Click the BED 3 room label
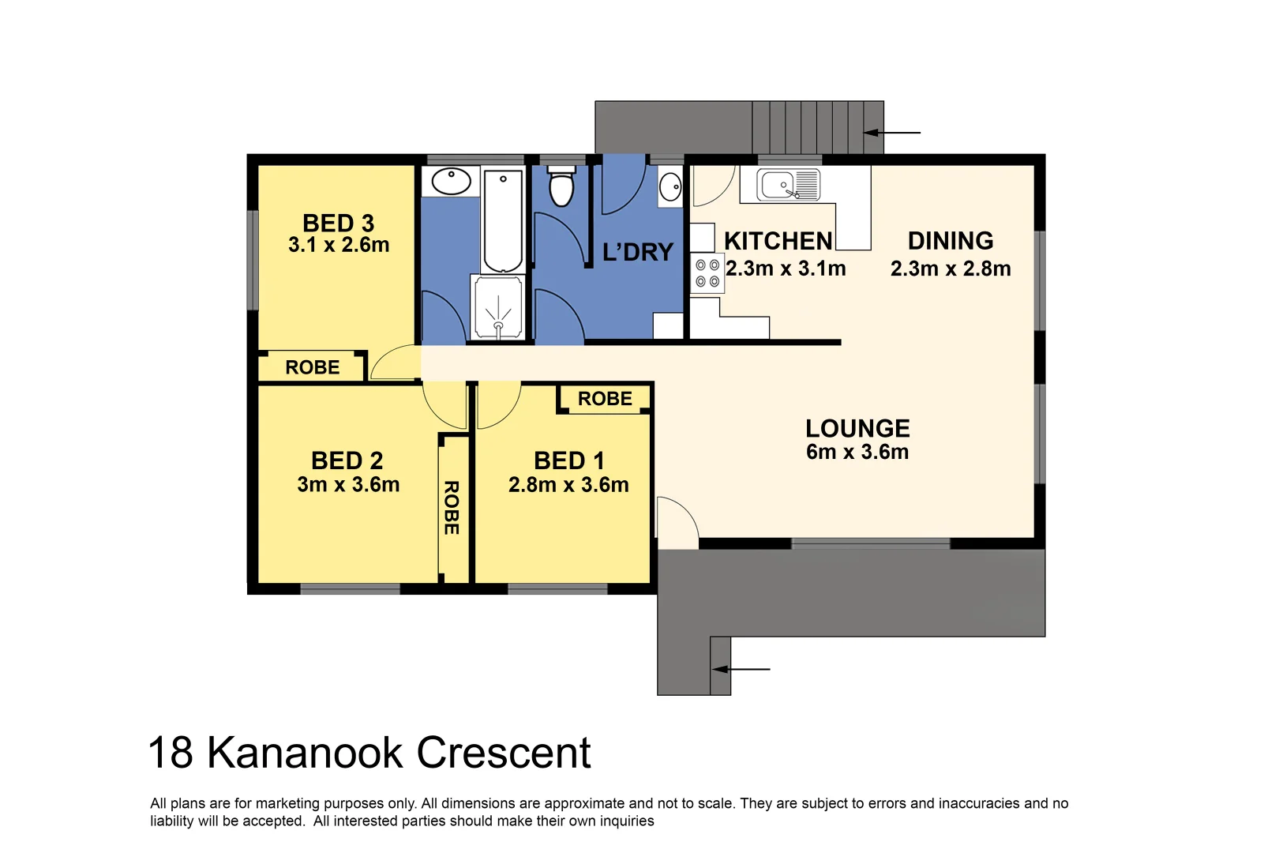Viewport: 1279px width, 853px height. click(338, 224)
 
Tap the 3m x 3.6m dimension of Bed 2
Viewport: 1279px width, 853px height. click(348, 485)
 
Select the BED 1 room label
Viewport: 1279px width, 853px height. click(568, 460)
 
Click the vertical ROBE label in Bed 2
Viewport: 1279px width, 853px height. click(452, 508)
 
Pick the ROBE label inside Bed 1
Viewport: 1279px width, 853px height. click(605, 399)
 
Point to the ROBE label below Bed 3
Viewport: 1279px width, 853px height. click(312, 367)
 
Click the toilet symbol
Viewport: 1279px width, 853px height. click(561, 186)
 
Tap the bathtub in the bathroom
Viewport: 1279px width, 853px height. click(503, 221)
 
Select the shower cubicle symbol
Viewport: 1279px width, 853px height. click(497, 308)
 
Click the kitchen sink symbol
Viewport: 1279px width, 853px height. click(788, 186)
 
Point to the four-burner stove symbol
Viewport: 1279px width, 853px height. click(707, 273)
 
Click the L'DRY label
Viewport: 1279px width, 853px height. click(637, 253)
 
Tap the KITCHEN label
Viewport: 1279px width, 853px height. click(778, 241)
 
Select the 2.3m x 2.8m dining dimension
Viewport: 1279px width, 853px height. click(951, 269)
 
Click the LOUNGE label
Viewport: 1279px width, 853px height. click(857, 428)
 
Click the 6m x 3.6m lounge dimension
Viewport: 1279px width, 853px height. click(857, 453)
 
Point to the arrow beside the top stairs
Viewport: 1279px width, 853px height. click(892, 133)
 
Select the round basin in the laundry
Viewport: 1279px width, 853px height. click(670, 188)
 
